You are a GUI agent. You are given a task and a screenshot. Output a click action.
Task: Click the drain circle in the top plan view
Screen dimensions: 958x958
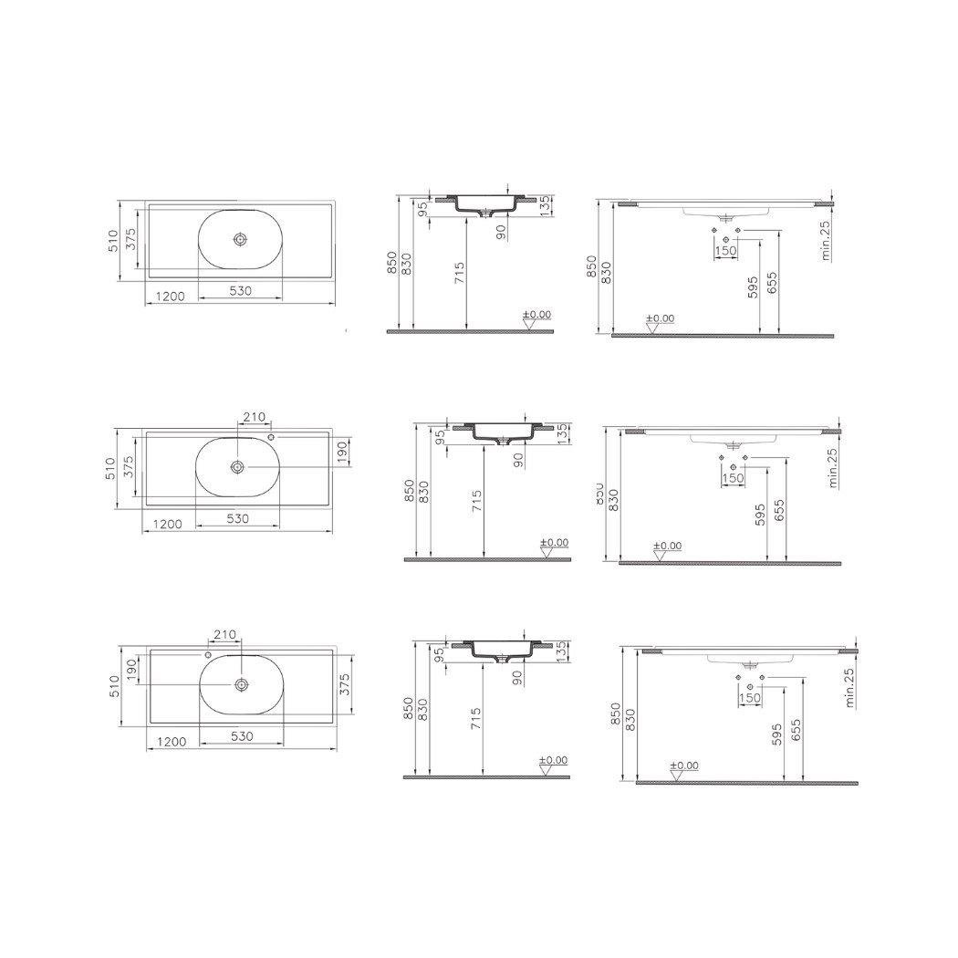click(240, 239)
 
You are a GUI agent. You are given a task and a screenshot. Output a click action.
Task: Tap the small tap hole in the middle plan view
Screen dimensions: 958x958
click(271, 437)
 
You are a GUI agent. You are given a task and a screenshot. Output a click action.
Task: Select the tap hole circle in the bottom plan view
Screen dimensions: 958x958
click(208, 654)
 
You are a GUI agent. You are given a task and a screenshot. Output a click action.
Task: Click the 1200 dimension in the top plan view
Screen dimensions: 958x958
click(171, 296)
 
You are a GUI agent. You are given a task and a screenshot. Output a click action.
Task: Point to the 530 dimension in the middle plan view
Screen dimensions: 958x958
click(238, 518)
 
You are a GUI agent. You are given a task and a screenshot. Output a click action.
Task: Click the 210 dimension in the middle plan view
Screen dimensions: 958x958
click(253, 417)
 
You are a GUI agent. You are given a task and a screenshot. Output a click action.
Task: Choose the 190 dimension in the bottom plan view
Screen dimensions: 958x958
click(131, 669)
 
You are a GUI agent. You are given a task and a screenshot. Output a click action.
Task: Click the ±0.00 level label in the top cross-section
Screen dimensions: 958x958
click(537, 314)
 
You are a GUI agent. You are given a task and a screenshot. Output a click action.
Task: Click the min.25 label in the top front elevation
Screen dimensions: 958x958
click(827, 241)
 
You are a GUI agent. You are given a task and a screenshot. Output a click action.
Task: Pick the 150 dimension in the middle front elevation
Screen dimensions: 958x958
click(733, 477)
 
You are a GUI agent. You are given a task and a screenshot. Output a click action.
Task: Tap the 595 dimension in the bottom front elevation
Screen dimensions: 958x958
click(777, 734)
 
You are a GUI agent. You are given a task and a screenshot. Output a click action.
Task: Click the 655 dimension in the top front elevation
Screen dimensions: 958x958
click(773, 282)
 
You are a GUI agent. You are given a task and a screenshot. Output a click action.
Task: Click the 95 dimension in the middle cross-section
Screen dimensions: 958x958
click(439, 437)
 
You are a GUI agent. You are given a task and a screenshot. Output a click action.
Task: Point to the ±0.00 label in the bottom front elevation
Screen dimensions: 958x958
click(684, 765)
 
